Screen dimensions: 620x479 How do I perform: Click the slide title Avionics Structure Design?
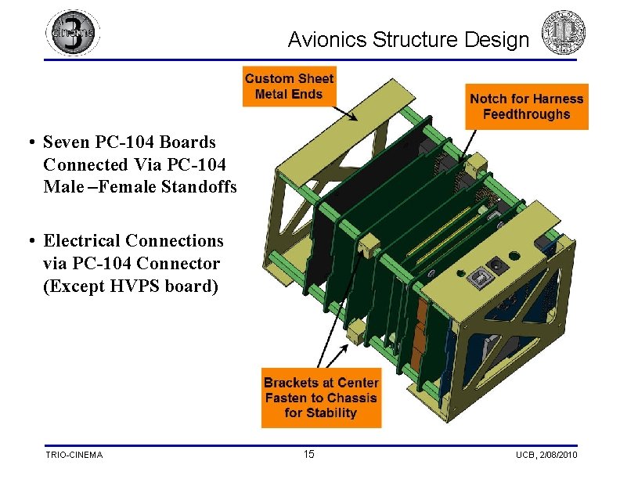coord(408,39)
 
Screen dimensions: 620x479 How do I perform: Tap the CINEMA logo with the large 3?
coord(73,33)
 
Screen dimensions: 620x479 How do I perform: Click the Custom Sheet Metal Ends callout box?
coord(289,86)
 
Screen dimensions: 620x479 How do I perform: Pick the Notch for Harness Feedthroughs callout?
coord(526,106)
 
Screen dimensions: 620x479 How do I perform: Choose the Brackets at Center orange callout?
coord(321,398)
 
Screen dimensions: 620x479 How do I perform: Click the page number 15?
coord(308,455)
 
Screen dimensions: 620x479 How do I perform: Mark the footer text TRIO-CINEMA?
coord(74,455)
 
